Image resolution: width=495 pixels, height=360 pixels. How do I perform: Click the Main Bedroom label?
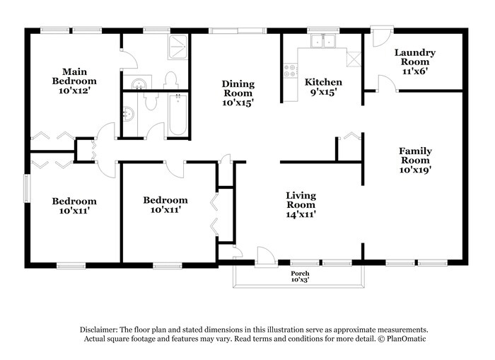click(74, 76)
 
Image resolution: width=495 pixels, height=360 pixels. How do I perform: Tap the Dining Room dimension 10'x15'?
click(238, 103)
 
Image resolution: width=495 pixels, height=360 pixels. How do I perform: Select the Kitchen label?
click(323, 83)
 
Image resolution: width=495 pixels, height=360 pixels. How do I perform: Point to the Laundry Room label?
click(415, 57)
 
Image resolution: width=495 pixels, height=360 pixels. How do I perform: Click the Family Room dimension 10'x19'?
click(415, 170)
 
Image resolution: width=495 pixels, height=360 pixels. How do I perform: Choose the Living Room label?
click(301, 200)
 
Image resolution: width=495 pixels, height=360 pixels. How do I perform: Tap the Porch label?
click(300, 274)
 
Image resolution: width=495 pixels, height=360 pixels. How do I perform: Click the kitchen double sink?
click(323, 41)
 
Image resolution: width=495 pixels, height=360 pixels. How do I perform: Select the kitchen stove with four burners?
click(290, 71)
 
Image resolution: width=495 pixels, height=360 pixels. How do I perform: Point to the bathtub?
click(178, 115)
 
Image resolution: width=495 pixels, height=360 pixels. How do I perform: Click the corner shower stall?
click(178, 47)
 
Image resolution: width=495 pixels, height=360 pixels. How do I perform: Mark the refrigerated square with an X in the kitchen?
click(354, 59)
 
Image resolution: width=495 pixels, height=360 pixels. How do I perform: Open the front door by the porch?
click(266, 257)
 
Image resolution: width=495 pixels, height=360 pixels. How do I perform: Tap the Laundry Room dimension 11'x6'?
click(415, 71)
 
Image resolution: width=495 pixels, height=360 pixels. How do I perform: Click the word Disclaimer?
click(99, 330)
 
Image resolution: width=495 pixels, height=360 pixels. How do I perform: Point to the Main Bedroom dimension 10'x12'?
click(74, 91)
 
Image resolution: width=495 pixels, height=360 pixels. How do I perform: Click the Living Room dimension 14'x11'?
click(301, 214)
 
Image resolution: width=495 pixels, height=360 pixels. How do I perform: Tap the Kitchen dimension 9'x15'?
click(323, 92)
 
